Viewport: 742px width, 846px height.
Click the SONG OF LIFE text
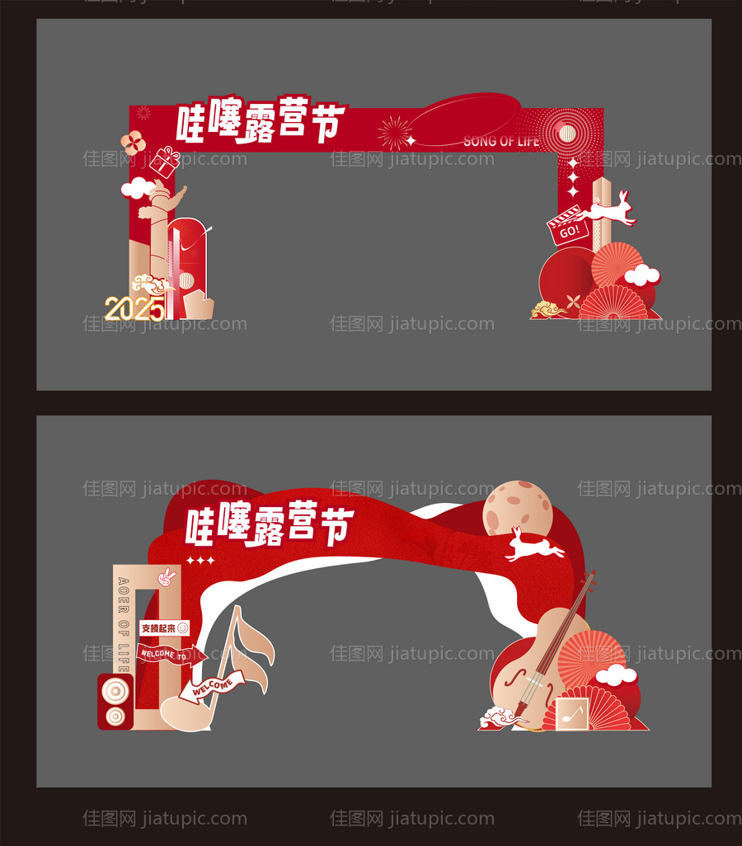coord(501,141)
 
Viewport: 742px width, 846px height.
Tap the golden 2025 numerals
coord(134,309)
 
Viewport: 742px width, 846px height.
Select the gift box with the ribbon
coord(165,162)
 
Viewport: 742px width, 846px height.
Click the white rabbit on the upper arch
coord(610,209)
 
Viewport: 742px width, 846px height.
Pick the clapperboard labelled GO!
coord(568,227)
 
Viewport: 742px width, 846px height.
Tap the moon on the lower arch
coord(517,508)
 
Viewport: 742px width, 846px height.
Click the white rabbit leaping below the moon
coord(533,546)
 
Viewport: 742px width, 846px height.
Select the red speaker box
coord(115,702)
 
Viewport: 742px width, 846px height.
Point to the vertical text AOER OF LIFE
coord(124,615)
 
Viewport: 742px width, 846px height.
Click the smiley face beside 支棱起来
coord(182,628)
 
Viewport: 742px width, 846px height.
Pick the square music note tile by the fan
coord(571,713)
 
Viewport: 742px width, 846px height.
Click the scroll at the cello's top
coord(589,578)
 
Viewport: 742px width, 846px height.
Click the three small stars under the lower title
coord(200,562)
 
